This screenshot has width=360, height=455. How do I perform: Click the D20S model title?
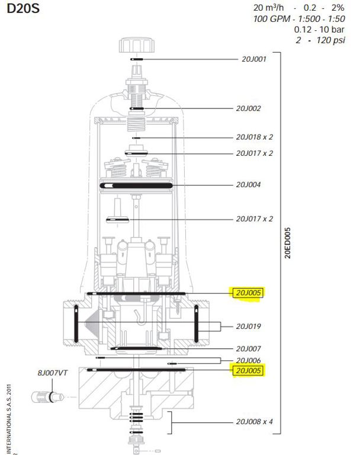click(x=23, y=8)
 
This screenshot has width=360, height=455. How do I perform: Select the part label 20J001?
click(x=254, y=59)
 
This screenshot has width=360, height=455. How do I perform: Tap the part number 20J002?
click(x=248, y=108)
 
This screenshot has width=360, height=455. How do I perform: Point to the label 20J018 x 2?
click(x=255, y=137)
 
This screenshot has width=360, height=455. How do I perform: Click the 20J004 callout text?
click(x=248, y=185)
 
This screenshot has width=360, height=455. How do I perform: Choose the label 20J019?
click(x=248, y=326)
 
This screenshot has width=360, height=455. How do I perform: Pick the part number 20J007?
click(x=248, y=349)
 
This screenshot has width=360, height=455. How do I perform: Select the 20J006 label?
click(x=248, y=360)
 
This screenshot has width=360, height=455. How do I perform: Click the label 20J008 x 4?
click(x=255, y=422)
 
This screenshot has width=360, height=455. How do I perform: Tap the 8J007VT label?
click(x=53, y=373)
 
